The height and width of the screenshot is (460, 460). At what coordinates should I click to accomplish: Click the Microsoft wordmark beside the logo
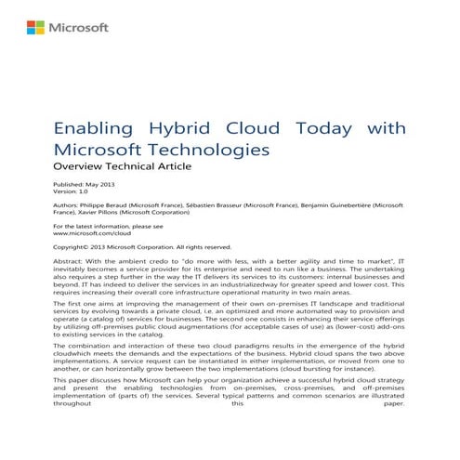point(75,29)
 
